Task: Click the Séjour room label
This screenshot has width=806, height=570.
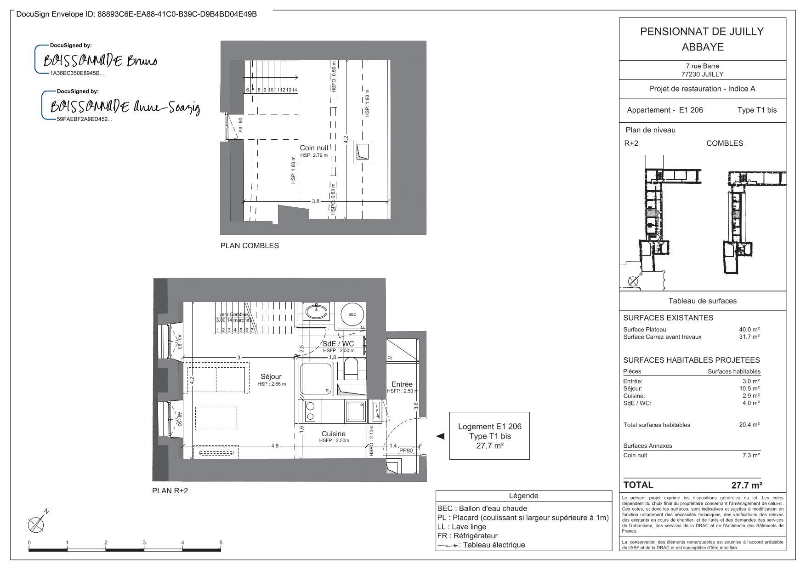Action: tap(271, 377)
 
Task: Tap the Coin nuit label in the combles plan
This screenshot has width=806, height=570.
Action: tap(314, 148)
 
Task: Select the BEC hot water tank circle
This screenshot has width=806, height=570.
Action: tap(352, 315)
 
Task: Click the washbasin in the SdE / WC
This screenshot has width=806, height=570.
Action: tap(316, 311)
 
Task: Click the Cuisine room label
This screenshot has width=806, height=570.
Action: tap(334, 434)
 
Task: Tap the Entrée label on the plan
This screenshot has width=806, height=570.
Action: tap(402, 384)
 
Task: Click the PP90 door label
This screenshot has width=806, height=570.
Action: tap(406, 451)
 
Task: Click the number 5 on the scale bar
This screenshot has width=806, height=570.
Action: tap(221, 543)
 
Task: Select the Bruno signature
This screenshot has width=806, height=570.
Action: tap(101, 61)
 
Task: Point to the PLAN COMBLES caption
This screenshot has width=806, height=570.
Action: tap(250, 245)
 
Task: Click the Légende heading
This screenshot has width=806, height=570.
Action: tap(523, 496)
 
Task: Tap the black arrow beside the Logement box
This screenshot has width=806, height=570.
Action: tap(440, 436)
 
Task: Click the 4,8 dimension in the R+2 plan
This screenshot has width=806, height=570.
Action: tap(275, 445)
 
